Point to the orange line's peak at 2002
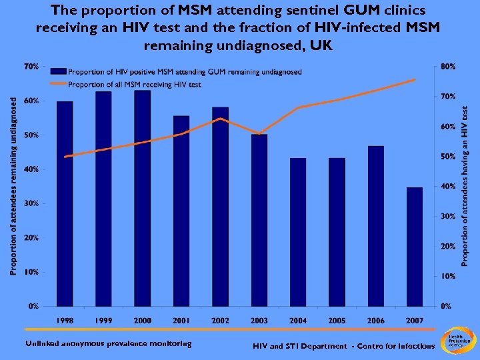(220, 119)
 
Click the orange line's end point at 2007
(415, 79)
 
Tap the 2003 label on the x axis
(259, 321)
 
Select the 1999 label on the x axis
(103, 321)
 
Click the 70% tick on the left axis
(31, 67)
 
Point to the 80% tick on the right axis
(448, 67)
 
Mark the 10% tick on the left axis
(31, 272)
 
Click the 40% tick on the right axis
(448, 187)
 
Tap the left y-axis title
(13, 183)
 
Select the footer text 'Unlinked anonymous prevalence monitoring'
(108, 344)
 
